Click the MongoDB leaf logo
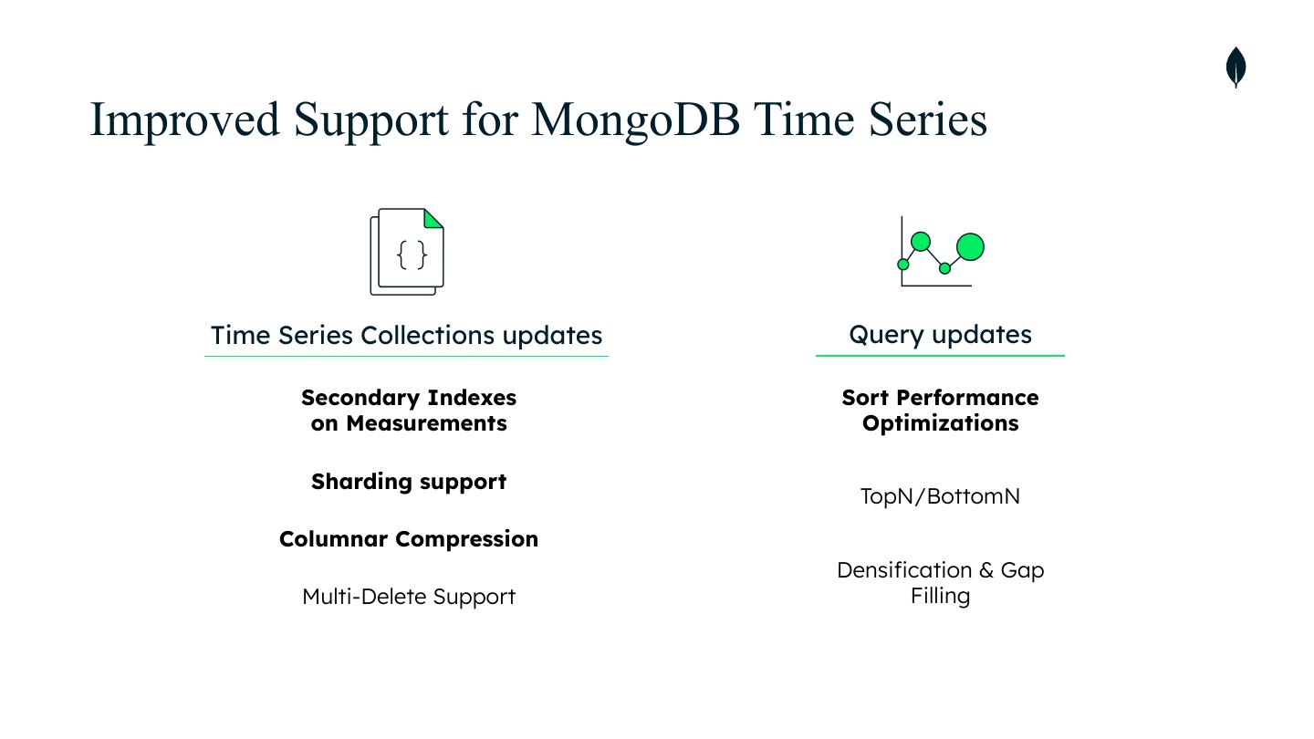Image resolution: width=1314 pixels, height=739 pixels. tap(1236, 68)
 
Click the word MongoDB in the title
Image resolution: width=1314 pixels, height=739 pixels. tap(635, 120)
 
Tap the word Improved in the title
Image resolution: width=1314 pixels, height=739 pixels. tap(184, 120)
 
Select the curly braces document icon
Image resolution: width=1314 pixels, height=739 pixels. tap(407, 253)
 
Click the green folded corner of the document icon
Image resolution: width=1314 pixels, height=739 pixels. tap(433, 219)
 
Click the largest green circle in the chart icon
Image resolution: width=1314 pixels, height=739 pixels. tap(970, 247)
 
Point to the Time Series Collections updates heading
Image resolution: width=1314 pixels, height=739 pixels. tap(406, 335)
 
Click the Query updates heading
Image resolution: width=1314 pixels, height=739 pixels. tap(940, 334)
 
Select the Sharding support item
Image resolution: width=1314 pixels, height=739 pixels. tap(408, 482)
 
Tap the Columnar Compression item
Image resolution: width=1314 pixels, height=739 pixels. tap(408, 539)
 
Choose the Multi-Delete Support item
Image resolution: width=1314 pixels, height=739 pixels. tap(408, 597)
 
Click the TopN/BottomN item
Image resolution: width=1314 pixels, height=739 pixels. tap(940, 496)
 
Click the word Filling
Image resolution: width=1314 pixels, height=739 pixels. tap(940, 596)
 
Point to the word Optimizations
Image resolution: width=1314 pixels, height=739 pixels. tap(940, 423)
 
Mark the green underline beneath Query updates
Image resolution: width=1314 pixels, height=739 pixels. tap(940, 355)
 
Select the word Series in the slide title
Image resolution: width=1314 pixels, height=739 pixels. tap(927, 120)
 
